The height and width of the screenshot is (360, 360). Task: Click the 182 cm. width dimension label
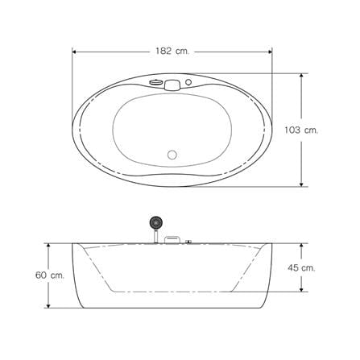coord(172,51)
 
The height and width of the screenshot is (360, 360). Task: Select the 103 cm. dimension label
coord(301,130)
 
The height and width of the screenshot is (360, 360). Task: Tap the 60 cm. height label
coord(50,275)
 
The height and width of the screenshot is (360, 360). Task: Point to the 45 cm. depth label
coord(301,267)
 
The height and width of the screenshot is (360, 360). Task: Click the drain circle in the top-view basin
coord(172,155)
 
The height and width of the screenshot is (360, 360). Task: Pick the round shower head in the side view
coord(155,222)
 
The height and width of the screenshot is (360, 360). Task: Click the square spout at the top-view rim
coord(172,85)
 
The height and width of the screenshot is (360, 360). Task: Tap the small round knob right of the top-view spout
coord(188,82)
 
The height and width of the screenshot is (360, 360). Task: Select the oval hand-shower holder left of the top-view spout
coord(155,82)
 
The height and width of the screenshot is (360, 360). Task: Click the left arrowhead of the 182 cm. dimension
coord(75,52)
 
